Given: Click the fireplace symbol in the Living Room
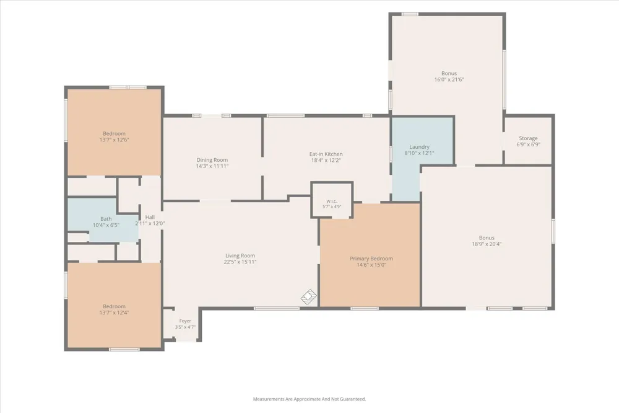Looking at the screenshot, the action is [309, 296].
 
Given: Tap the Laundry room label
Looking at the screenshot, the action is [419, 147].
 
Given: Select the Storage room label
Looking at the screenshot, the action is [528, 138].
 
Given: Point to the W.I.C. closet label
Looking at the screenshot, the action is [332, 202].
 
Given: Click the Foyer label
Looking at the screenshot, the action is [185, 321].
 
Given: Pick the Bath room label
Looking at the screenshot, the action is [106, 219].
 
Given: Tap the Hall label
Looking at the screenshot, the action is [150, 217].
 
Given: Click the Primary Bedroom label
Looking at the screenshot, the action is [371, 259].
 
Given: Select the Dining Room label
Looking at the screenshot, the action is [212, 160].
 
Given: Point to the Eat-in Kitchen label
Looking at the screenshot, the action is [326, 154].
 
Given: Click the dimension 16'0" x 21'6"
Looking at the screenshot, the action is [449, 79].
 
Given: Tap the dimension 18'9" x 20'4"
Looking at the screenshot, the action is [487, 244].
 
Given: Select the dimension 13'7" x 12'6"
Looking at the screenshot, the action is [114, 140].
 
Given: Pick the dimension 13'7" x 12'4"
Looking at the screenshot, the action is [114, 313].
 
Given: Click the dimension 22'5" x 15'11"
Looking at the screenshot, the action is [240, 262].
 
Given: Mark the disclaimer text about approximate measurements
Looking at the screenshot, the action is [309, 399].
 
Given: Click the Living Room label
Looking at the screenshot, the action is [240, 255].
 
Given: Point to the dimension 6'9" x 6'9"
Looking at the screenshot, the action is [528, 144].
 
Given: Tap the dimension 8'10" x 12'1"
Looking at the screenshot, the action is [419, 153].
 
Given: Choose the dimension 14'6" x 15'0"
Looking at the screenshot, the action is [371, 265].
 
